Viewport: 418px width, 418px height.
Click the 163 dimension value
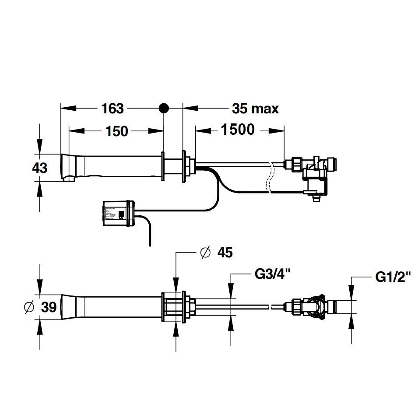[113, 108]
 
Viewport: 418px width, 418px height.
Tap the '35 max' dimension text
[255, 108]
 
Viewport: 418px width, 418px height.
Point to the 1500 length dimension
[238, 130]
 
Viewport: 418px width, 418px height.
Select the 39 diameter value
[49, 307]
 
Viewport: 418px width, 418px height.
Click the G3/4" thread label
[272, 275]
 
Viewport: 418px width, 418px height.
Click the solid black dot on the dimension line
[163, 108]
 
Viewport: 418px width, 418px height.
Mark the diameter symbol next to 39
[29, 307]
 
